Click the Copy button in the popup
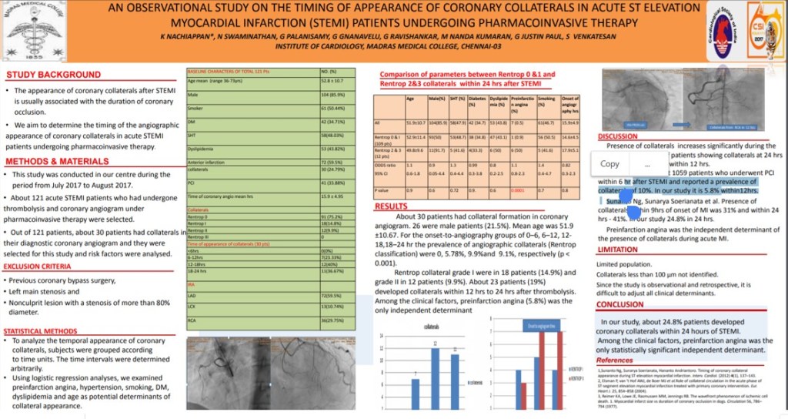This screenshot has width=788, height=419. [609, 164]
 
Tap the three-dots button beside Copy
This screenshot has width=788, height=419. [648, 164]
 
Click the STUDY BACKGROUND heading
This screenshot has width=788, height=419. [53, 75]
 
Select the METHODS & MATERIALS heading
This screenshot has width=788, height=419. [58, 162]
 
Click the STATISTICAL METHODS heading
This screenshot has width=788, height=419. [45, 330]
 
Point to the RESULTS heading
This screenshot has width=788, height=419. [392, 206]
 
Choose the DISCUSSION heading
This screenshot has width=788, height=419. [618, 136]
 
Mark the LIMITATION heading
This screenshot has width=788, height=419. [617, 250]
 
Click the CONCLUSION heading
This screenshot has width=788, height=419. [620, 304]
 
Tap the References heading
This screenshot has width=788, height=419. [615, 360]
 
